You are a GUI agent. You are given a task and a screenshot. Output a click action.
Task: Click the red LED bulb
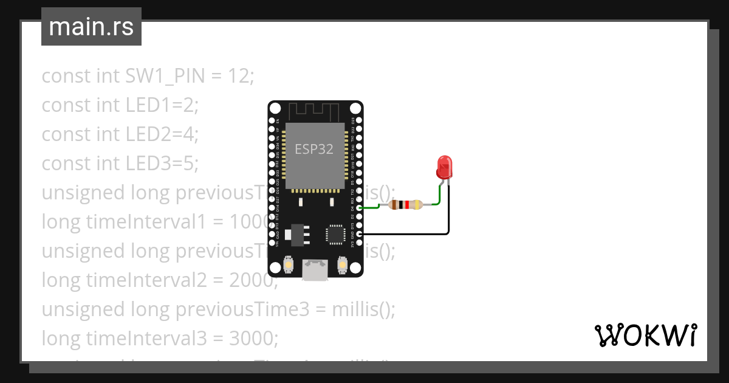click(444, 166)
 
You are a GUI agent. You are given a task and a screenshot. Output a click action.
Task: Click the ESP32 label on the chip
click(314, 149)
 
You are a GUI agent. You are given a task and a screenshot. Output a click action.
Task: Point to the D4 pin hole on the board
click(359, 208)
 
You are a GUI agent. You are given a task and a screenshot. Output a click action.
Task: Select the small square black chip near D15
click(335, 234)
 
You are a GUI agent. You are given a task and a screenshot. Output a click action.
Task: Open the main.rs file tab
click(91, 27)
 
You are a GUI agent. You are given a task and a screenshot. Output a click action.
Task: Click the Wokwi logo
click(645, 335)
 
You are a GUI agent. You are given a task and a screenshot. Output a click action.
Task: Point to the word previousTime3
click(242, 309)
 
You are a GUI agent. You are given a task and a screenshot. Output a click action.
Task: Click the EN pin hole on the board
click(271, 121)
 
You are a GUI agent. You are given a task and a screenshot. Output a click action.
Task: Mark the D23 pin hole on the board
click(359, 121)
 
